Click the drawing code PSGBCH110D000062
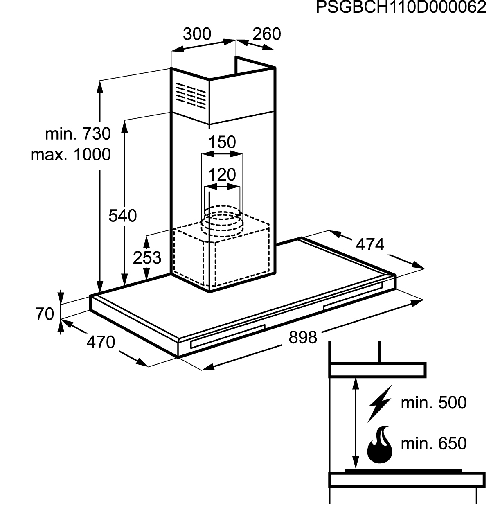tap(401, 7)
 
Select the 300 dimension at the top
tap(197, 34)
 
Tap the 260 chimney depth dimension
tap(267, 34)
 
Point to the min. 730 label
tap(78, 134)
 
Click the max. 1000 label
tap(71, 155)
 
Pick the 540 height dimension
tap(123, 216)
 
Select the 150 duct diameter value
tap(222, 142)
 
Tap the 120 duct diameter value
tap(222, 175)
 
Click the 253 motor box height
tap(147, 257)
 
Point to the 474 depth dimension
tap(370, 245)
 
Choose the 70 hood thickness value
tap(45, 314)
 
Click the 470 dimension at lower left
tap(101, 342)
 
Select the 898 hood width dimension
tap(303, 338)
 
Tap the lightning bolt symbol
tap(380, 404)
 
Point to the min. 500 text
tap(434, 403)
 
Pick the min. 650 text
tap(434, 443)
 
